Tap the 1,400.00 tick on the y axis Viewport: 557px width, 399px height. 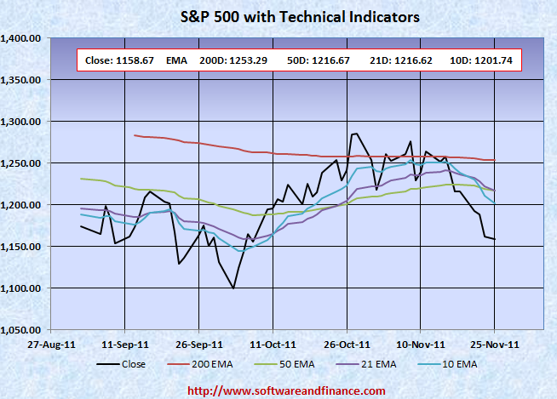point(23,38)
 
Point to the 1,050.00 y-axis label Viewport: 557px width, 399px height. point(23,329)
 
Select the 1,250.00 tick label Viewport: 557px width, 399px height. point(23,163)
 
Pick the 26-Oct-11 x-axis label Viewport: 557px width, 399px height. point(347,345)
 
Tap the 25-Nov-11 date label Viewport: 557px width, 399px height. point(495,345)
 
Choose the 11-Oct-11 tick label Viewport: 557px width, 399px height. point(273,345)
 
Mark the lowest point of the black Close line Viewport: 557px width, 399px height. point(233,288)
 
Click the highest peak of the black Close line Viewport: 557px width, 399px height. point(355,134)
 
